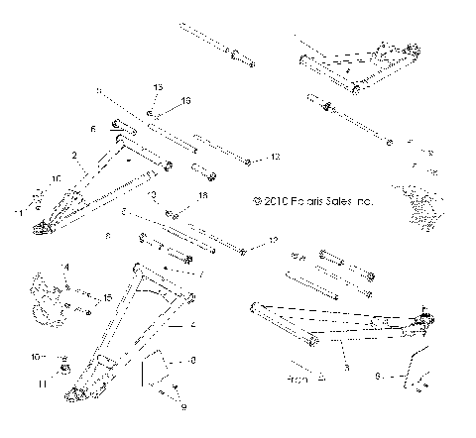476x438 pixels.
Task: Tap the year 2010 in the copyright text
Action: coord(272,201)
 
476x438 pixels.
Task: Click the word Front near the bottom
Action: coord(297,380)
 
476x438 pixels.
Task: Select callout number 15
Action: coord(107,296)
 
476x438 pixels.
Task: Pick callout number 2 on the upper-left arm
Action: coord(73,156)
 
